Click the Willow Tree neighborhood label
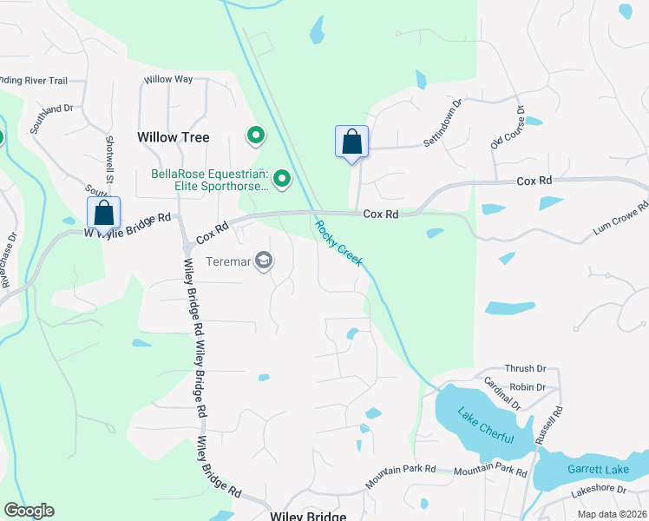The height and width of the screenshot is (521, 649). (174, 137)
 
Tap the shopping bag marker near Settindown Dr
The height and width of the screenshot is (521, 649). (351, 142)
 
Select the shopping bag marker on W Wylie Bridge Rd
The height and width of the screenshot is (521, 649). (103, 212)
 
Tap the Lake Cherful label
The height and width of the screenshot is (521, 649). (486, 426)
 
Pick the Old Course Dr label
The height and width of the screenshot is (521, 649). (507, 128)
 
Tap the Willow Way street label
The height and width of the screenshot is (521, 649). (168, 79)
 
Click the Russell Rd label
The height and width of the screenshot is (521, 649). (548, 425)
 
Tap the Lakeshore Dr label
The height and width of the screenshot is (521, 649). (599, 490)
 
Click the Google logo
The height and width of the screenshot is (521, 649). (29, 511)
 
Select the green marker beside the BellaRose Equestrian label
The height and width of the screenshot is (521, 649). (281, 179)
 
